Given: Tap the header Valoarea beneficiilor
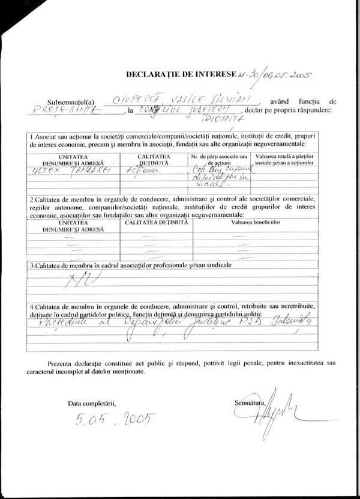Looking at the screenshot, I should click(257, 222).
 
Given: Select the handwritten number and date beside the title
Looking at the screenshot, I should click(276, 76).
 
